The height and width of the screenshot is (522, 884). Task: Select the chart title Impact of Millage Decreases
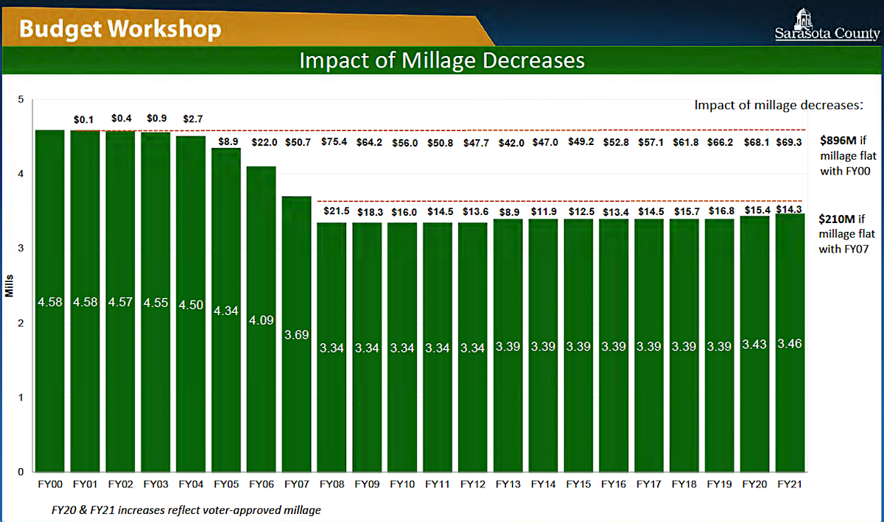[442, 60]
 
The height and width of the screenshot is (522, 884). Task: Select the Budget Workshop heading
[120, 29]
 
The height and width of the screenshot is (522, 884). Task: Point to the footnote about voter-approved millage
[185, 509]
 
